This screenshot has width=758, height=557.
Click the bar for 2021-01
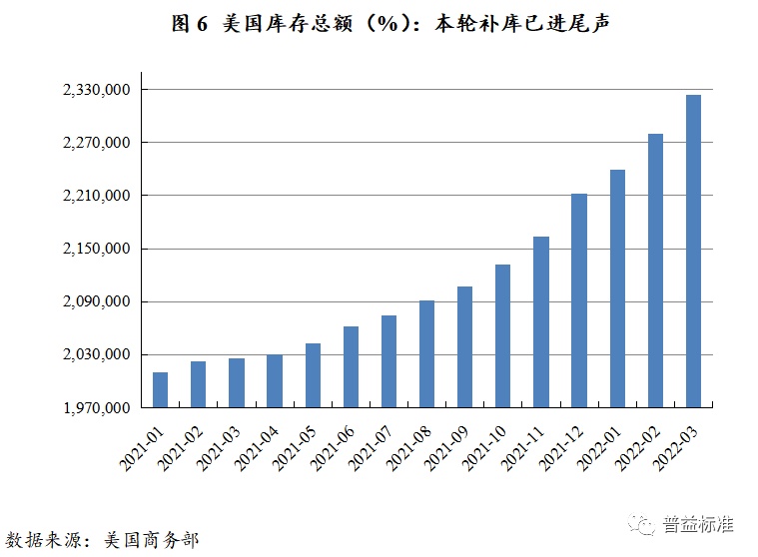160,390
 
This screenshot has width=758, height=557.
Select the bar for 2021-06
351,366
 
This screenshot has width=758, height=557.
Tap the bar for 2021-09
464,346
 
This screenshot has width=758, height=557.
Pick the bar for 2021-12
579,300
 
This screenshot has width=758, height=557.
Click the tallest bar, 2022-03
693,251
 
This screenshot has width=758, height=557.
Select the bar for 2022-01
617,288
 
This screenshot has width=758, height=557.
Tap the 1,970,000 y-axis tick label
97,408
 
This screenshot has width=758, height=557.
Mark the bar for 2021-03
236,383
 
